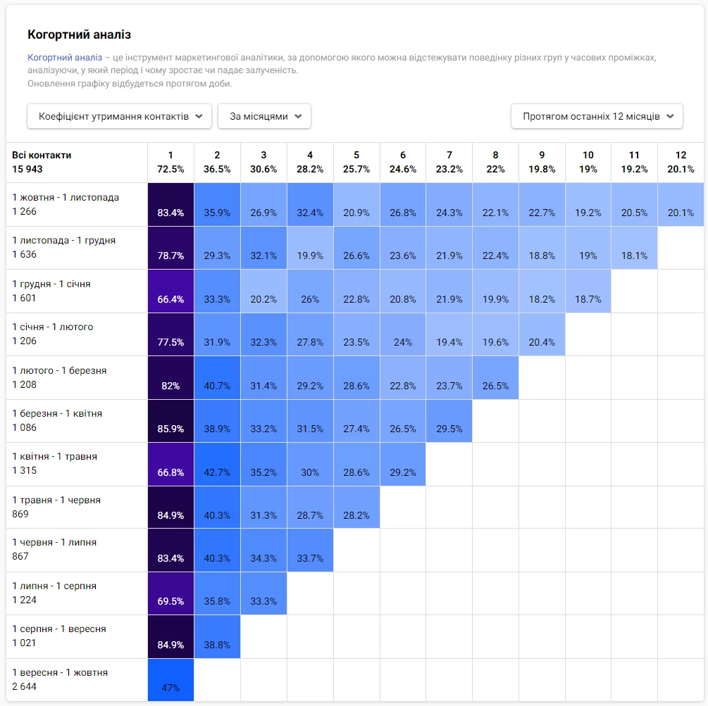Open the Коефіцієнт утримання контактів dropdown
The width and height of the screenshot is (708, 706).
coord(119,116)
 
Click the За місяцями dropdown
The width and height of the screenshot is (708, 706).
coord(264,116)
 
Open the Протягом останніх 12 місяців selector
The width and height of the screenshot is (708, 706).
coord(597,116)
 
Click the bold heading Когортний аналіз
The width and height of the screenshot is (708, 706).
coord(79,34)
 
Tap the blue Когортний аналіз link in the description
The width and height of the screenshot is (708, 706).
coord(65,57)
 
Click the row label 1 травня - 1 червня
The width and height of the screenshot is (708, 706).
coord(56,500)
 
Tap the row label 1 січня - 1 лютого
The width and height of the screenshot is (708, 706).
coord(52,327)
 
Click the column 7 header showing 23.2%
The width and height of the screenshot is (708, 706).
coord(449,162)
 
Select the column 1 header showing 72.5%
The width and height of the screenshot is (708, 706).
coord(170,162)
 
